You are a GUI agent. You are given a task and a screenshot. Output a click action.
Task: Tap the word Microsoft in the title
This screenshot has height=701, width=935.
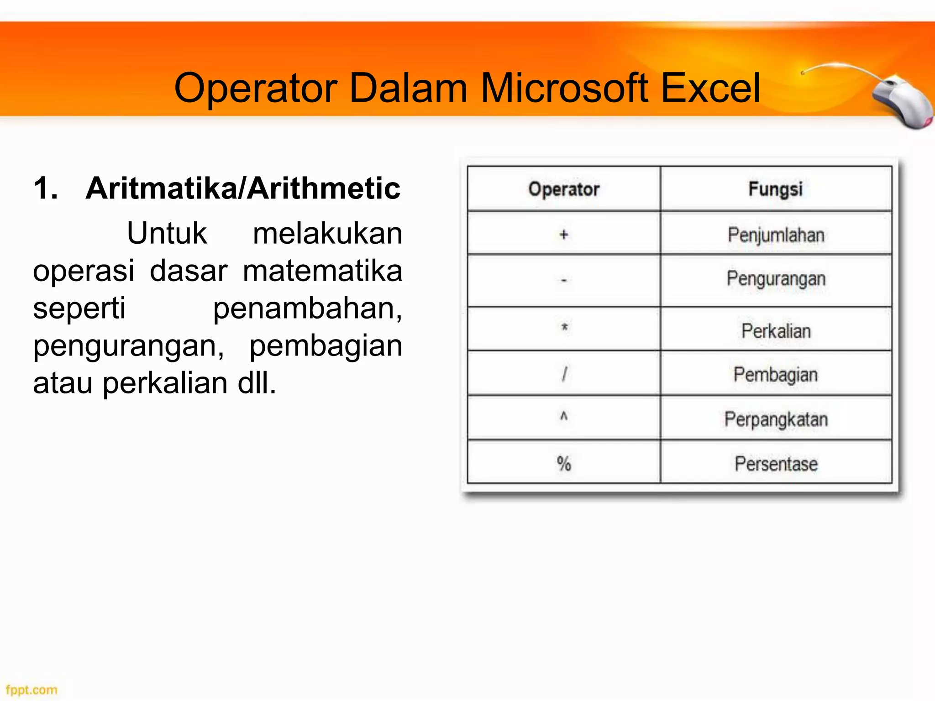tap(564, 88)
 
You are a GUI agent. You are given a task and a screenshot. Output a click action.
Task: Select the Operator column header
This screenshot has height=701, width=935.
tap(564, 189)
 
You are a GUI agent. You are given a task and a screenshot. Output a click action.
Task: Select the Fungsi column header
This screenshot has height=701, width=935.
tap(775, 189)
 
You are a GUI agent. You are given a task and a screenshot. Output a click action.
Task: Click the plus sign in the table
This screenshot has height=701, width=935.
tap(564, 235)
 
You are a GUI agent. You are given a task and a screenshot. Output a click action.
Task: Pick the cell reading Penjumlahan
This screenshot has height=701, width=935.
tap(776, 235)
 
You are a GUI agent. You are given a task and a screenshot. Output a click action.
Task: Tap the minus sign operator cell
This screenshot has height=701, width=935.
tap(564, 280)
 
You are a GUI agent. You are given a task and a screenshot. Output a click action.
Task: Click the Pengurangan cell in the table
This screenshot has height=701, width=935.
tap(776, 279)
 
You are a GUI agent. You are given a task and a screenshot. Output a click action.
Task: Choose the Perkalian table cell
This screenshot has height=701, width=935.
tap(776, 331)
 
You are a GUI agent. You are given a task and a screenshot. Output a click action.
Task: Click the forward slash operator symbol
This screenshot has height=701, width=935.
tap(564, 374)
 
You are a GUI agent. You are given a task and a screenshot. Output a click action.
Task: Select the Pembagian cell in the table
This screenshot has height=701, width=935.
tap(775, 375)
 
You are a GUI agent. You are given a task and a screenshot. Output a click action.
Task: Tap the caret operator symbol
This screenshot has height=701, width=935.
tap(564, 416)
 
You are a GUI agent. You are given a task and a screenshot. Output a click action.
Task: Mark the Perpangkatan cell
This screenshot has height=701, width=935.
tap(776, 419)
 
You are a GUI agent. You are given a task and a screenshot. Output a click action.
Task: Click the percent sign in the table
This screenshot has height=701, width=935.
tap(564, 464)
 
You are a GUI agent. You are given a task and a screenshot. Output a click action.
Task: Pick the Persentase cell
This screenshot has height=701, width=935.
tap(776, 464)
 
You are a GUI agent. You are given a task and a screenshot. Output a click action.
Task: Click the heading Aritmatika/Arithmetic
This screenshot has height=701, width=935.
tap(242, 188)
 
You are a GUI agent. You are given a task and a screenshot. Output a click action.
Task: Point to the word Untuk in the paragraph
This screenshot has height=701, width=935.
tap(167, 233)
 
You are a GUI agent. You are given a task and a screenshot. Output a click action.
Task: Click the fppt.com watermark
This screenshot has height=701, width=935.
tap(32, 690)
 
